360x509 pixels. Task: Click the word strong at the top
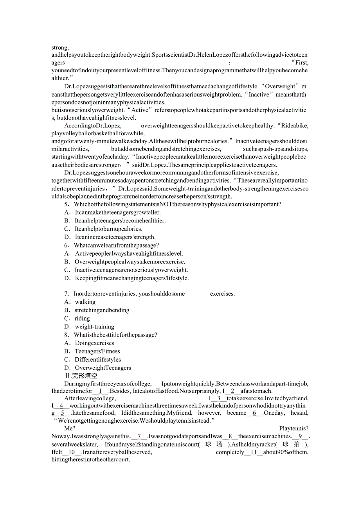[60, 48]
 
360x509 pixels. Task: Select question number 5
[67, 204]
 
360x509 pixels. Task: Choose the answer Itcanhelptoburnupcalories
[108, 229]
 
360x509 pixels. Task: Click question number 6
[67, 246]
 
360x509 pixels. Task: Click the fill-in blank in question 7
[197, 294]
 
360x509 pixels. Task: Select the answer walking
[85, 302]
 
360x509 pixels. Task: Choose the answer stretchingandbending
[102, 310]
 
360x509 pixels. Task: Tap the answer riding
[83, 318]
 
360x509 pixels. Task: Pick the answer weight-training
[95, 326]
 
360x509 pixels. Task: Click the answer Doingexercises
[95, 343]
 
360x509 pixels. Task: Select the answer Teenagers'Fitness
[97, 351]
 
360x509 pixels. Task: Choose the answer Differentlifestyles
[98, 359]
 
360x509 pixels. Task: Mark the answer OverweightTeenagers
[103, 367]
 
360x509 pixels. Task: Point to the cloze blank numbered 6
[254, 413]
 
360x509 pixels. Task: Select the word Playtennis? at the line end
[294, 428]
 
